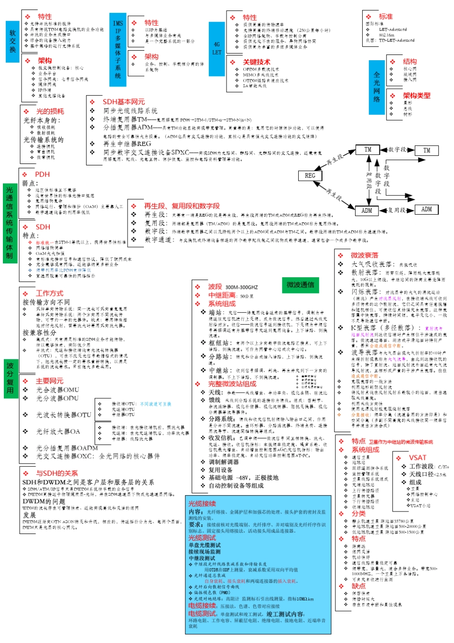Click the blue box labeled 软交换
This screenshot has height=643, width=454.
[x=12, y=42]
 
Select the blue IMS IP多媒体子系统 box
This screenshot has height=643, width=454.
[x=118, y=50]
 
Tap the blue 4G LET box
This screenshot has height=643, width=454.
[x=217, y=49]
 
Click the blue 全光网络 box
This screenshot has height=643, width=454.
[x=377, y=87]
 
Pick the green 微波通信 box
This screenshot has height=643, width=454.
[x=300, y=285]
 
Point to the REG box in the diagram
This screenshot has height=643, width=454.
[x=310, y=176]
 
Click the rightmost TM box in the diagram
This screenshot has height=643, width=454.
[x=427, y=150]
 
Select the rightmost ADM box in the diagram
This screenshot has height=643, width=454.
[x=427, y=209]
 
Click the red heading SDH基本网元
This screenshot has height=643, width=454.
[x=123, y=102]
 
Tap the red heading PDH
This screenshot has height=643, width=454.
[x=42, y=174]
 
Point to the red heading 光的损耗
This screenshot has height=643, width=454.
[x=50, y=111]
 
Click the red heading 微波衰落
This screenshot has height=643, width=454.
[x=364, y=255]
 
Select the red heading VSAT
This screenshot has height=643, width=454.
[x=417, y=458]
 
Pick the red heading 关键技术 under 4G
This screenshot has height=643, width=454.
[x=256, y=62]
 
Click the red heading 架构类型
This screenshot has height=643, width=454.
[x=416, y=96]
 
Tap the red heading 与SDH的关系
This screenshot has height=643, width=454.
[x=57, y=473]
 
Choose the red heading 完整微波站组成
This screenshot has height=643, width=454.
[x=232, y=384]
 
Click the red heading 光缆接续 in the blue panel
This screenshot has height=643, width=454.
[x=202, y=503]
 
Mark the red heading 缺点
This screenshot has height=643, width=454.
[x=358, y=586]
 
